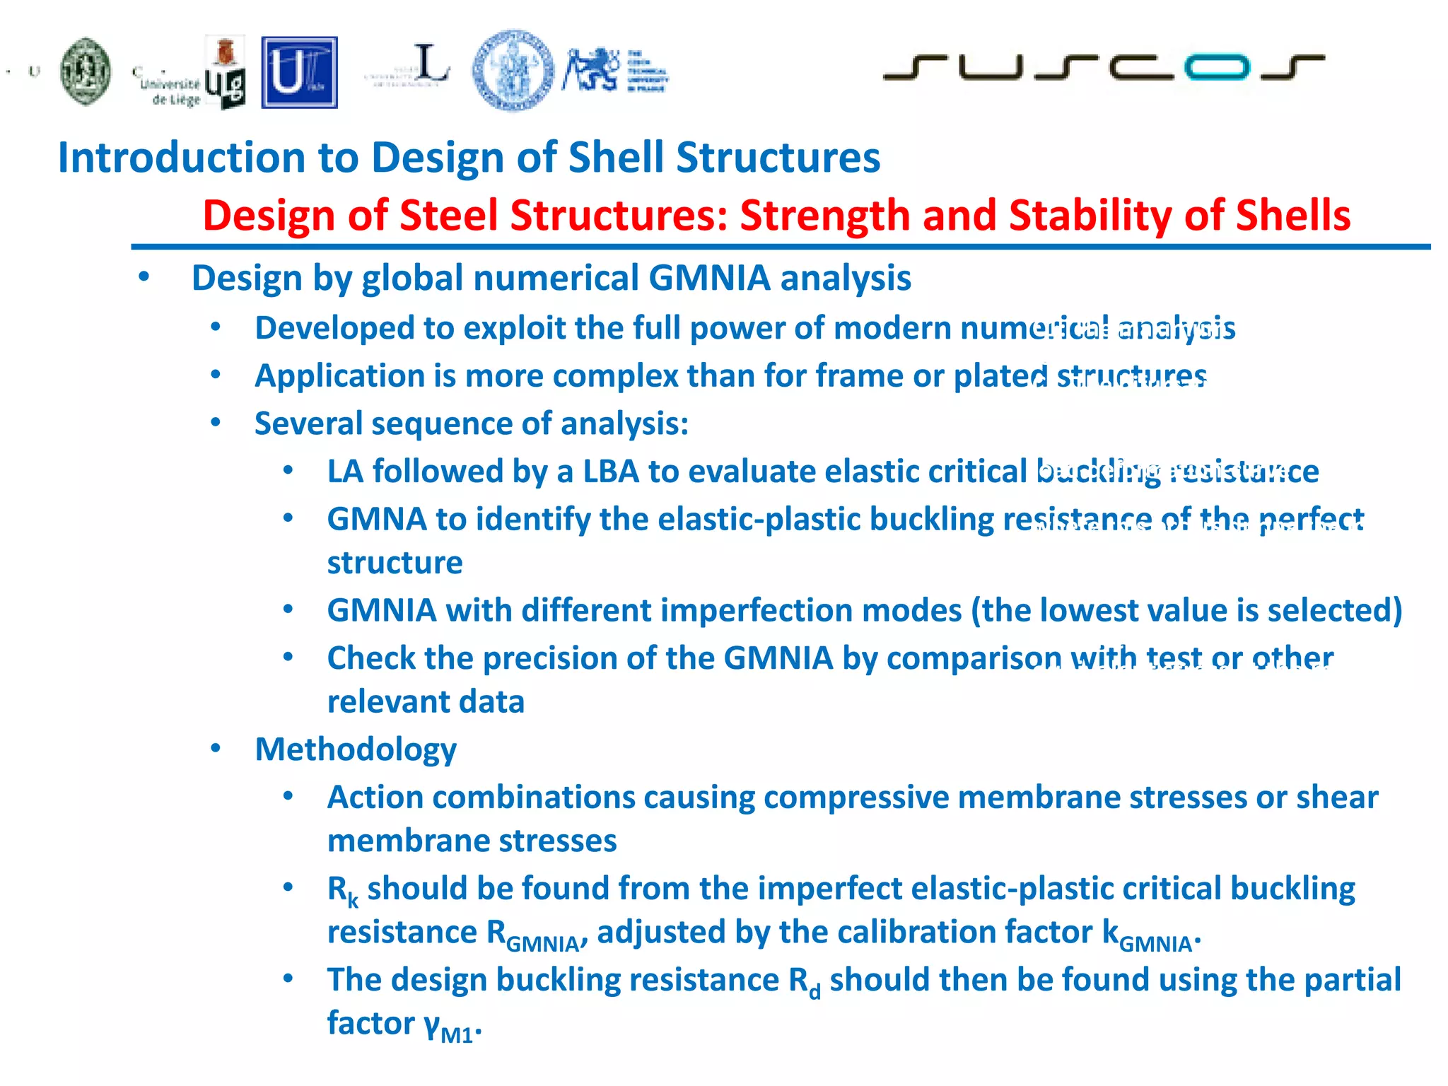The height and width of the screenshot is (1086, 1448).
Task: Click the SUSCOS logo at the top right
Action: [x=1103, y=67]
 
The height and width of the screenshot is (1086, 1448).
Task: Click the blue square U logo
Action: [x=299, y=72]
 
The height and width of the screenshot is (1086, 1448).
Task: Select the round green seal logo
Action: [x=86, y=71]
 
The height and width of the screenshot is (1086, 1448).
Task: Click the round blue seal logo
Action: [x=513, y=71]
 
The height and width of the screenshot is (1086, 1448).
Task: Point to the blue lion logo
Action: [x=591, y=69]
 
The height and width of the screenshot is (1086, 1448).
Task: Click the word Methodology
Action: [x=356, y=749]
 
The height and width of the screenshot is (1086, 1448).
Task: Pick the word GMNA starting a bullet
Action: [x=376, y=520]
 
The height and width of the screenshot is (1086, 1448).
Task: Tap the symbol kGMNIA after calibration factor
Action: [x=1148, y=935]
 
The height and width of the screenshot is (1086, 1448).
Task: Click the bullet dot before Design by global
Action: [x=144, y=277]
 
